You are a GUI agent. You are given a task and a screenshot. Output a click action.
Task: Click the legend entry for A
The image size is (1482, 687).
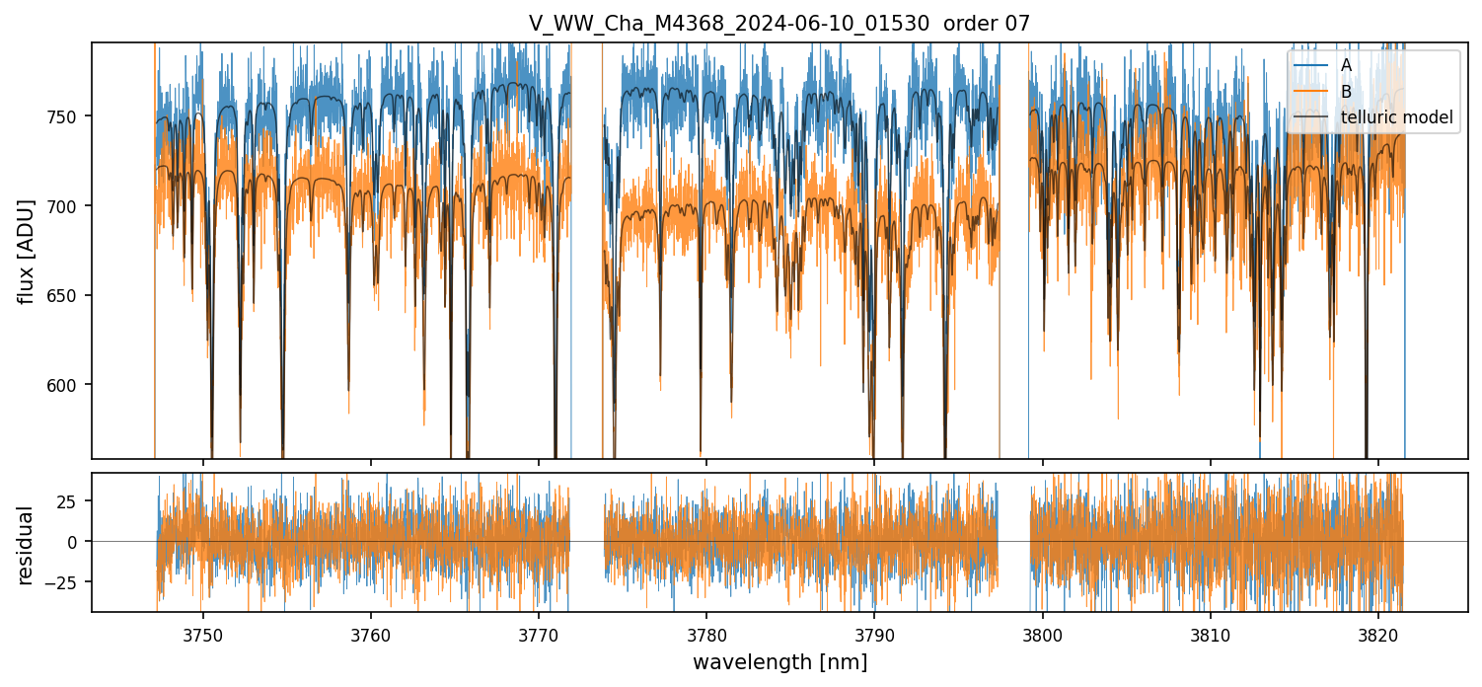click(1346, 65)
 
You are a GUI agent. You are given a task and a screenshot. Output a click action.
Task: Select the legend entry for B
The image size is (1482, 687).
click(1346, 92)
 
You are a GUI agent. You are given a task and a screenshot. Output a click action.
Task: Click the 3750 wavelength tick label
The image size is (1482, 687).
click(203, 635)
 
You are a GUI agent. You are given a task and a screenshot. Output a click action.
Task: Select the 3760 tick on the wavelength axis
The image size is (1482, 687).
click(371, 635)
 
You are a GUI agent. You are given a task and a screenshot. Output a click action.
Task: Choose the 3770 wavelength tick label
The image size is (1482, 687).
click(539, 635)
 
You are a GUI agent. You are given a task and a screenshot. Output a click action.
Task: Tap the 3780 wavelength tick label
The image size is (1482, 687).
click(706, 635)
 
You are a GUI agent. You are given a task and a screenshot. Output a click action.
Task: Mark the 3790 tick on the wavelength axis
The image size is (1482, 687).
click(874, 635)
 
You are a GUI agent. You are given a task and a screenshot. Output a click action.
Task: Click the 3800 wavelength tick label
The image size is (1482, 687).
click(1042, 635)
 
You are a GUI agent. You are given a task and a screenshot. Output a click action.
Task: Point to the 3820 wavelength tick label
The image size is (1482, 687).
click(1377, 635)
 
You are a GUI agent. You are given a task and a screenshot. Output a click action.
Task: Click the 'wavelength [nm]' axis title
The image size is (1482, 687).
click(779, 662)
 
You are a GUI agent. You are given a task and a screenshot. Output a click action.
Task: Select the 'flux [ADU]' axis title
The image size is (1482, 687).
click(27, 251)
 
